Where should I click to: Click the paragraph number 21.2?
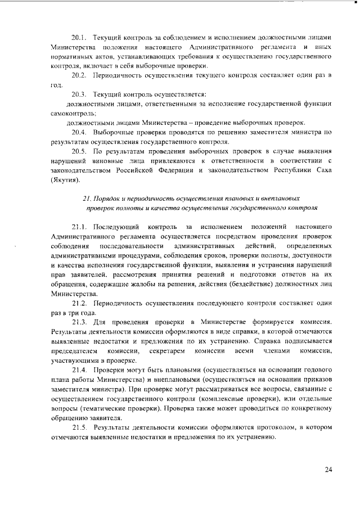pos(80,303)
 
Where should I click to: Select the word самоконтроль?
pos(72,113)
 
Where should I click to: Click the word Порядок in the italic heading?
pos(106,199)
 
